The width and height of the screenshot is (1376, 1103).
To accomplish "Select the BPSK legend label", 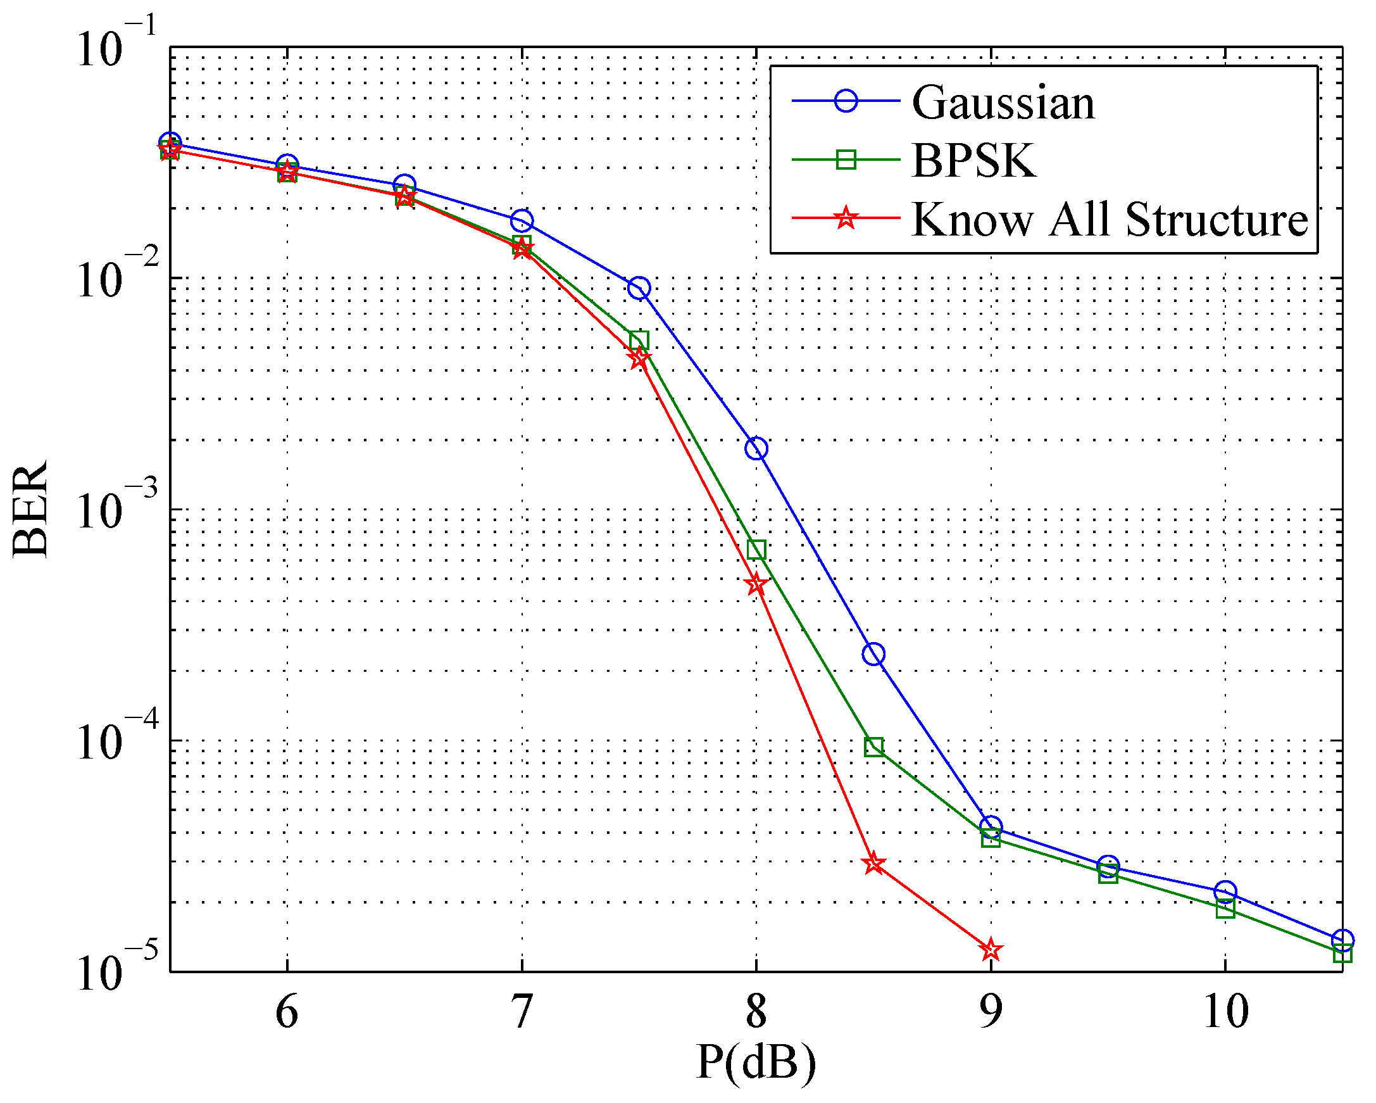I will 975,160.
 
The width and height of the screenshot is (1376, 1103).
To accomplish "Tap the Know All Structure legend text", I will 1110,219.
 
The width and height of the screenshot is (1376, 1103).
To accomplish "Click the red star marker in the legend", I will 846,218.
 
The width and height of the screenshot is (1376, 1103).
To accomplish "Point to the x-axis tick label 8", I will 756,1012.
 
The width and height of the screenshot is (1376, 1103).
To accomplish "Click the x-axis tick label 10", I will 1225,1012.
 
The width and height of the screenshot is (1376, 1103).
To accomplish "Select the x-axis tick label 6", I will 287,1012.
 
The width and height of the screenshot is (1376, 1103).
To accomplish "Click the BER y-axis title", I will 30,508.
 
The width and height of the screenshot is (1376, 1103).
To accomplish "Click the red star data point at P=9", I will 991,950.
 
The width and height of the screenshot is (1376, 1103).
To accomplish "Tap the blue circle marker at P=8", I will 756,449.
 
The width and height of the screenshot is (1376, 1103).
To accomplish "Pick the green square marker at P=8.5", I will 873,747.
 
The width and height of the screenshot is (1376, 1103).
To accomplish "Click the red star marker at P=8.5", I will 873,864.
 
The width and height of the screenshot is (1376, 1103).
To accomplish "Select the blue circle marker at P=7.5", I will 639,288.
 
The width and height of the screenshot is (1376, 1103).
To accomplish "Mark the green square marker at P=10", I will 1225,909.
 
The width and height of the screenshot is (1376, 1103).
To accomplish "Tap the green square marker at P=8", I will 756,550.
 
